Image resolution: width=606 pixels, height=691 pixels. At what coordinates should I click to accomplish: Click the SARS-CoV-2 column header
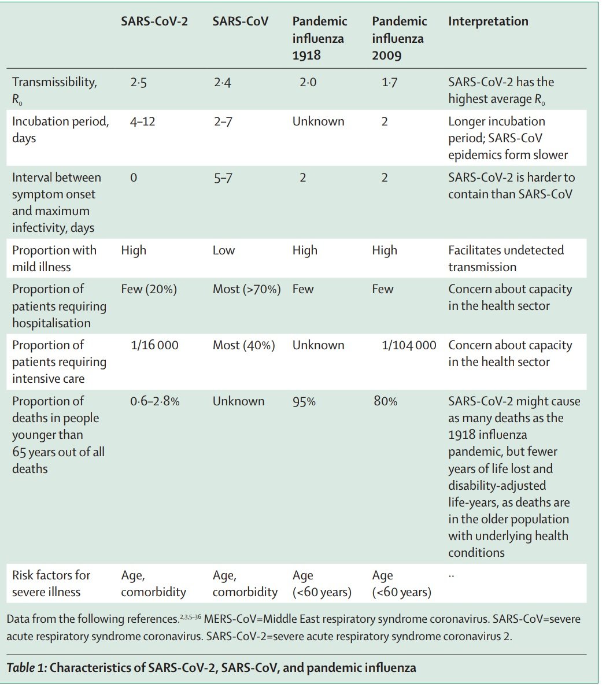click(x=154, y=22)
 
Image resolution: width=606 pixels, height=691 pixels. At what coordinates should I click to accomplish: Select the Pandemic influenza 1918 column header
click(x=319, y=38)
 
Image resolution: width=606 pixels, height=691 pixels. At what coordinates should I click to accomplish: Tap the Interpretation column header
click(x=488, y=22)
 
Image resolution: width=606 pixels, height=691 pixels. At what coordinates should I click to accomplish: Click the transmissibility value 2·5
click(x=138, y=83)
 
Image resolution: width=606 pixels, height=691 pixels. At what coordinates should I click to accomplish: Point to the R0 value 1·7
click(x=389, y=83)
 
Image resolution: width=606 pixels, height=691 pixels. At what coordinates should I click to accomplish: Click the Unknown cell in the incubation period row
click(x=318, y=121)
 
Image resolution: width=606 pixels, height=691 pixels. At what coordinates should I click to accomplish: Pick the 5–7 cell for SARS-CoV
click(x=223, y=178)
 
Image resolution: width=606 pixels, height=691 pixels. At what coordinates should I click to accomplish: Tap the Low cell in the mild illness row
click(x=224, y=250)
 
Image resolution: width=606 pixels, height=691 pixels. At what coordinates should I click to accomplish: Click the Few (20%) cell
click(x=149, y=289)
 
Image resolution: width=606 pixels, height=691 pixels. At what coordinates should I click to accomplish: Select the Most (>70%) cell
click(x=246, y=289)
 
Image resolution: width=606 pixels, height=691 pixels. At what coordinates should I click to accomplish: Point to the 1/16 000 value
click(x=155, y=345)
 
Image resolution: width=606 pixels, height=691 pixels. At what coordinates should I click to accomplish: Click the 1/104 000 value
click(x=409, y=345)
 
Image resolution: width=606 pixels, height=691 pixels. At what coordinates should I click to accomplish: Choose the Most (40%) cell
click(x=243, y=345)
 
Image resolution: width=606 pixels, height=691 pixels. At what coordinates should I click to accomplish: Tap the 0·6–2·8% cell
click(x=155, y=401)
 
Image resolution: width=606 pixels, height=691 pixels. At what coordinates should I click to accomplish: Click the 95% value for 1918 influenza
click(x=304, y=401)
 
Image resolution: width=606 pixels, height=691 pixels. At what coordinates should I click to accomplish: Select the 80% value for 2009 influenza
click(x=385, y=401)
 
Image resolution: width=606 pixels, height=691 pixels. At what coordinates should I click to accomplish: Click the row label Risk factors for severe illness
click(x=51, y=583)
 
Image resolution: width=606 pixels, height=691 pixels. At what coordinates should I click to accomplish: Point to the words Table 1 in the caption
click(x=26, y=667)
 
